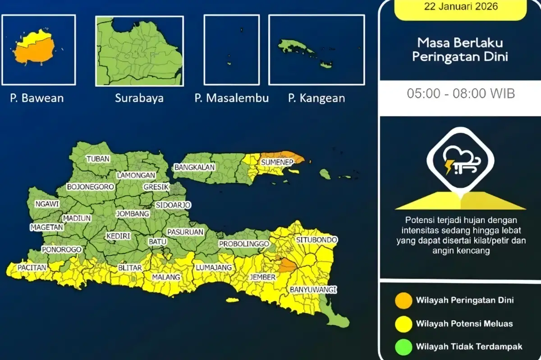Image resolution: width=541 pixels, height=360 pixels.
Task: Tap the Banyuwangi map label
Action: [x=314, y=289]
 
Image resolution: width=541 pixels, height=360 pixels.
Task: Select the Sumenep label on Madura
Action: [x=277, y=162]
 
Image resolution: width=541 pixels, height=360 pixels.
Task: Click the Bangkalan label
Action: [x=194, y=167]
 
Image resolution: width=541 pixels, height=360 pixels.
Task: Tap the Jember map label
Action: [x=262, y=278]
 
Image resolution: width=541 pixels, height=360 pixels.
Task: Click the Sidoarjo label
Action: [x=173, y=205]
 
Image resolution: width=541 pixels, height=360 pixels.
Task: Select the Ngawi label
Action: [x=47, y=204]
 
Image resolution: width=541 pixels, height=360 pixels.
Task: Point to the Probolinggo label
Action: [x=244, y=244]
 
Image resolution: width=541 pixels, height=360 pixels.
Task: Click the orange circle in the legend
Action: [x=403, y=301]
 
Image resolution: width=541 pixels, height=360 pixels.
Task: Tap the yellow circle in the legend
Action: [x=403, y=324]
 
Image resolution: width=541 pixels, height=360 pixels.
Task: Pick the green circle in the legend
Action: [x=403, y=346]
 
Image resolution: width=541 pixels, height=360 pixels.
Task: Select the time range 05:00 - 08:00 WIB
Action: [x=461, y=94]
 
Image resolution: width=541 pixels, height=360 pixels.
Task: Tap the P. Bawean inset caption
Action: [x=37, y=98]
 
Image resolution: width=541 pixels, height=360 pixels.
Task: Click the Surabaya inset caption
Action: [x=139, y=98]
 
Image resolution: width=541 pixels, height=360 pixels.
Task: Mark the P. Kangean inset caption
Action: [x=316, y=98]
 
